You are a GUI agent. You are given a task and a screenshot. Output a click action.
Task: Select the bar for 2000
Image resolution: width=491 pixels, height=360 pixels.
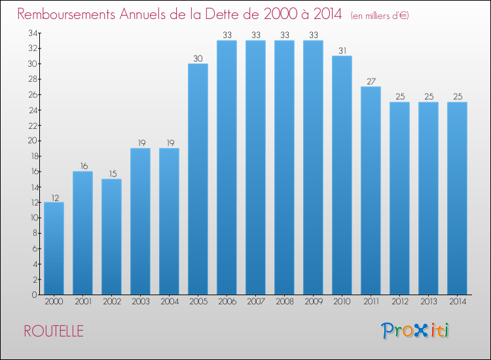coord(54,249)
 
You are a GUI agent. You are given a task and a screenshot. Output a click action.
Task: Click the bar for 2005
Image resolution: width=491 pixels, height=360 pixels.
coord(198,179)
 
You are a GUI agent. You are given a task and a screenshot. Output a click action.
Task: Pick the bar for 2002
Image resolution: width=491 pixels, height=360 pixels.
coord(111,237)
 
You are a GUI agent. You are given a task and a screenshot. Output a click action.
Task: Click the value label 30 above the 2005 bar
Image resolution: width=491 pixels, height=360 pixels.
coord(198,59)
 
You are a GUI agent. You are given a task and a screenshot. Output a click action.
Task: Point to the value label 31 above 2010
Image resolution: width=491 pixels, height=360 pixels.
coord(342,51)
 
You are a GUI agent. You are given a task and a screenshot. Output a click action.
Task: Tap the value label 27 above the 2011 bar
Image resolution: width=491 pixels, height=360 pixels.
coord(371,82)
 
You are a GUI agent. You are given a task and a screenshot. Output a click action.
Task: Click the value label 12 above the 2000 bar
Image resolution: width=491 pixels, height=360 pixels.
coord(54,197)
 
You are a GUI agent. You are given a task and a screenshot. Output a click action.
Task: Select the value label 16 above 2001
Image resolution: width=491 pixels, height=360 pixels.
coord(82,166)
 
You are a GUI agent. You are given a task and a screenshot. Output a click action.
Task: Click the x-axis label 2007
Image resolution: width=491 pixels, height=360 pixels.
coord(255,302)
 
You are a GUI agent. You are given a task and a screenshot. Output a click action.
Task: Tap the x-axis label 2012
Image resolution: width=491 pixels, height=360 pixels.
coord(399,302)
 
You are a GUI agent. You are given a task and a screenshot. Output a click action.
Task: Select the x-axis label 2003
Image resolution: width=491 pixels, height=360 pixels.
coord(140,302)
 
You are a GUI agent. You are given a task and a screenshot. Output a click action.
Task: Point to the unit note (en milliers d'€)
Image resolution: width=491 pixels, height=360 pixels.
coord(380,16)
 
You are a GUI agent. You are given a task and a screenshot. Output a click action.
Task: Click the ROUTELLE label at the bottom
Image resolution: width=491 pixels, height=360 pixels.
coord(53,331)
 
